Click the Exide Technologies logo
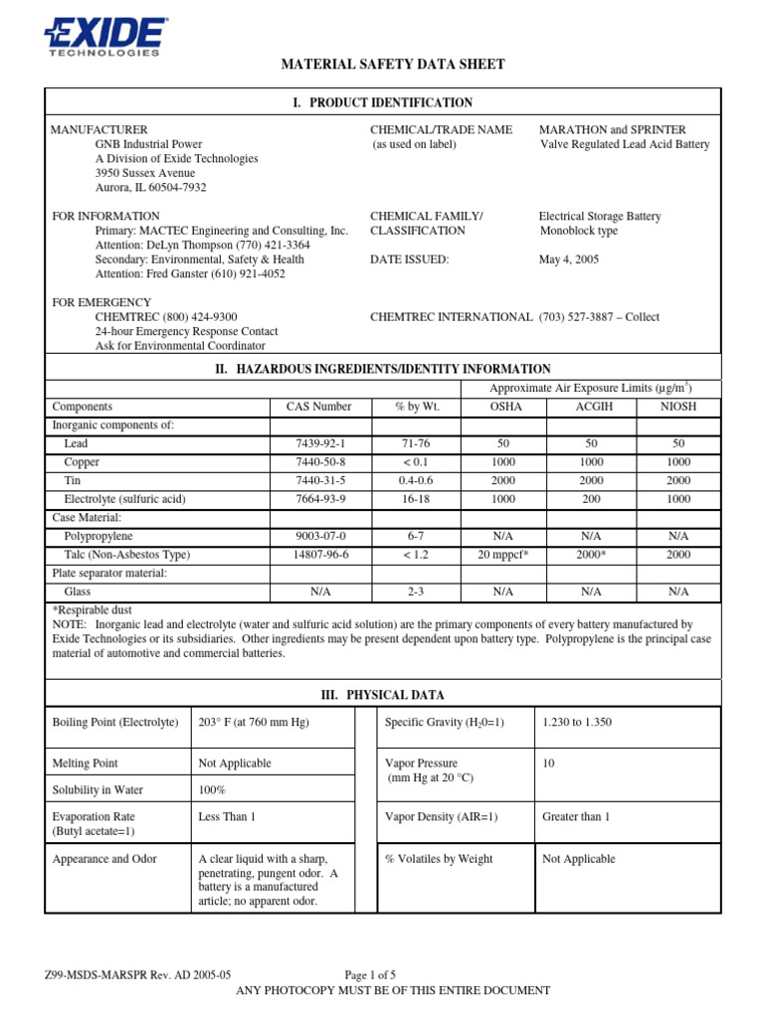[x=104, y=37]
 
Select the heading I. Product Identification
[x=382, y=102]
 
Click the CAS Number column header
[x=319, y=407]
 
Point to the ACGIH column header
[x=591, y=407]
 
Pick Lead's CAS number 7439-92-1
[x=319, y=443]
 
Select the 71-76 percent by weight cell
[x=415, y=443]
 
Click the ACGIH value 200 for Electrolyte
[x=591, y=499]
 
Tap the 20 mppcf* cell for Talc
[x=503, y=554]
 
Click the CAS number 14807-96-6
[x=319, y=554]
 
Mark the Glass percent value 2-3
[x=415, y=591]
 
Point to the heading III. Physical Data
[x=382, y=695]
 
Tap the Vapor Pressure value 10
[x=548, y=763]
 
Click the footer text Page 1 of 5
[x=370, y=975]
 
